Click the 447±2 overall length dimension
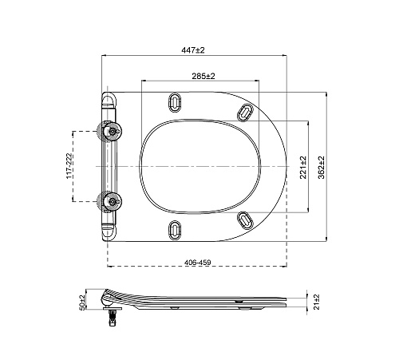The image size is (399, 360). tap(193, 50)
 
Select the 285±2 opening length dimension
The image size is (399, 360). tap(203, 76)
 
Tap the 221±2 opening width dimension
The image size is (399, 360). tap(303, 167)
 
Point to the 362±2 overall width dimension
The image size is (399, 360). tap(322, 167)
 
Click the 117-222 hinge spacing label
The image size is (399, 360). tap(69, 166)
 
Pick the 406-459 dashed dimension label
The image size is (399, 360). tap(197, 263)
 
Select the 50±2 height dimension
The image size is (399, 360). tap(81, 303)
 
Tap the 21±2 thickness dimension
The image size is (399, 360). tap(317, 302)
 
